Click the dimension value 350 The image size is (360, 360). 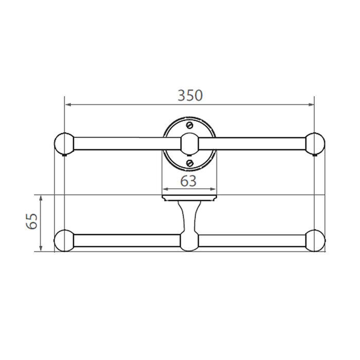pyautogui.click(x=190, y=96)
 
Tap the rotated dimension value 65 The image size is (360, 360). pyautogui.click(x=31, y=222)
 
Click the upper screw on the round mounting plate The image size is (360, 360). pyautogui.click(x=189, y=125)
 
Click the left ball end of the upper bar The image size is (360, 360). pyautogui.click(x=64, y=143)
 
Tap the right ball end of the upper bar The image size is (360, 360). pyautogui.click(x=314, y=143)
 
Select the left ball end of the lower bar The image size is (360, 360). pyautogui.click(x=64, y=241)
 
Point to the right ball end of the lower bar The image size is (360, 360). pyautogui.click(x=314, y=241)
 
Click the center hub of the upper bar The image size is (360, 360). pyautogui.click(x=189, y=143)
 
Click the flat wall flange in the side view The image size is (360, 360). pyautogui.click(x=189, y=197)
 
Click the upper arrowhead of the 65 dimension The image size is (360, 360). pyautogui.click(x=41, y=198)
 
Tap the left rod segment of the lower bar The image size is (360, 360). pyautogui.click(x=126, y=241)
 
